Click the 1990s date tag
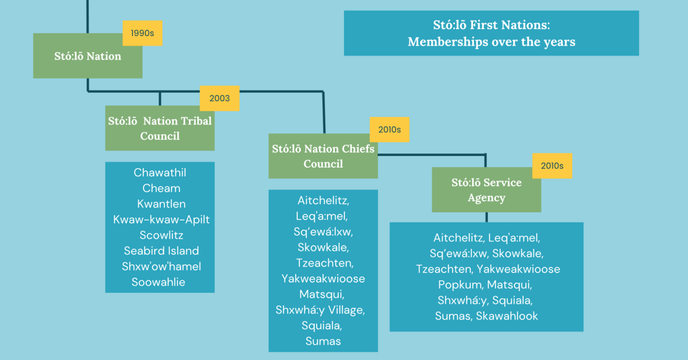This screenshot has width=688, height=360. tap(142, 33)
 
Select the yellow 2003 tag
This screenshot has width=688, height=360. tap(219, 98)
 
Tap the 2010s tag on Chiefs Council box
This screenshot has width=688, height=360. tap(389, 129)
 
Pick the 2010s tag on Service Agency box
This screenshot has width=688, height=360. tap(552, 166)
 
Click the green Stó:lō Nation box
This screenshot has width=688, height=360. tap(87, 56)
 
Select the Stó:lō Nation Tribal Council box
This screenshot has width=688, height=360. tap(160, 128)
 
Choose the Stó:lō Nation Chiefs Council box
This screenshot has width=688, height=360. tap(323, 156)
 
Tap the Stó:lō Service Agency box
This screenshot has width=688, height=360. tap(486, 190)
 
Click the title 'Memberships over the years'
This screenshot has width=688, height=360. tap(491, 42)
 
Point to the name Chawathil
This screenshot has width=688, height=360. tap(160, 173)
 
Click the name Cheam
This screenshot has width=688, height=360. tap(161, 188)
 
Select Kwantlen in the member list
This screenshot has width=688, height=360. tap(161, 204)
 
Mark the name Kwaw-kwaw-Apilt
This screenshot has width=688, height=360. tap(161, 219)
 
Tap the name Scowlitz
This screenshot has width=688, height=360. tap(161, 235)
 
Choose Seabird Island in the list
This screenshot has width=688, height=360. tap(161, 251)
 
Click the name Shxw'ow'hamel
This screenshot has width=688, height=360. tap(161, 266)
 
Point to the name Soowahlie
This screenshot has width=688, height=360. tap(158, 282)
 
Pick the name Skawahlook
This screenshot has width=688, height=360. tap(506, 316)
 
